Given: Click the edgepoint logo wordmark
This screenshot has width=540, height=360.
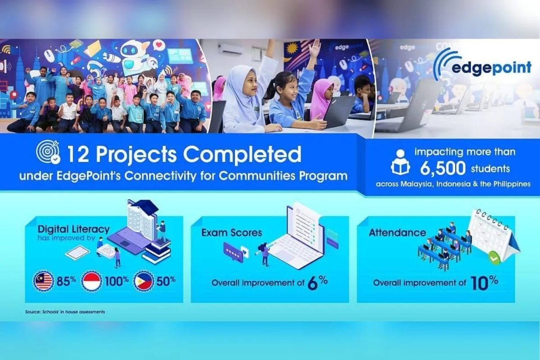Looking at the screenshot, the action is (x=491, y=68).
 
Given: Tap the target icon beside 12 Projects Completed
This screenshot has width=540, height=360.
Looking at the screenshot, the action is (x=48, y=153).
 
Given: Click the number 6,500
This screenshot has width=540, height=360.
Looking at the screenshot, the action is (x=443, y=168).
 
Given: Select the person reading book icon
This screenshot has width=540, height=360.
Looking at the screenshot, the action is (x=400, y=162).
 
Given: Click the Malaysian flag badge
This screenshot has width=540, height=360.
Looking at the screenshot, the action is (x=43, y=281).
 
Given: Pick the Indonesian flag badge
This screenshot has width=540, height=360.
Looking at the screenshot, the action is (x=91, y=281).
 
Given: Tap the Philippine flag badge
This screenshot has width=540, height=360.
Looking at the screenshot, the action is (x=144, y=281).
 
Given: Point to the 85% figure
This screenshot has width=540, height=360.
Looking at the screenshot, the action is (x=66, y=281).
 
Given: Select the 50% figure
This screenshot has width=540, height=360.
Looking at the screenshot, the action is (x=166, y=281).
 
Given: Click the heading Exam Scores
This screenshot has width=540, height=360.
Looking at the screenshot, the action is (x=232, y=233).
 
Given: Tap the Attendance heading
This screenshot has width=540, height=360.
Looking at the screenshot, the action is (x=397, y=233).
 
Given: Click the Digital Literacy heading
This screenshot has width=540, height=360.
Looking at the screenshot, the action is (x=74, y=229).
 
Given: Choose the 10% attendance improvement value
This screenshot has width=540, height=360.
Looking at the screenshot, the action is (x=484, y=283).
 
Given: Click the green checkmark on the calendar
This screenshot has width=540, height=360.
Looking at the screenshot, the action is (x=494, y=258).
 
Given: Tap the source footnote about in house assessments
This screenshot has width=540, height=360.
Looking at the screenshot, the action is (x=65, y=312).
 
